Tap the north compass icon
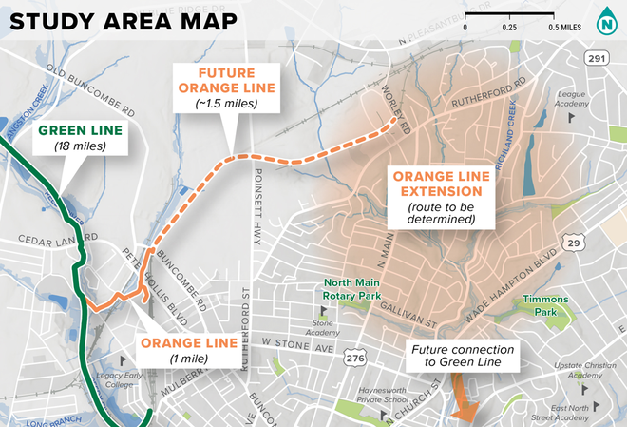pyautogui.click(x=605, y=21)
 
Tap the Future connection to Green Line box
pyautogui.click(x=463, y=357)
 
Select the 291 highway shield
pyautogui.click(x=596, y=58)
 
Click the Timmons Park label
pyautogui.click(x=549, y=304)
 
